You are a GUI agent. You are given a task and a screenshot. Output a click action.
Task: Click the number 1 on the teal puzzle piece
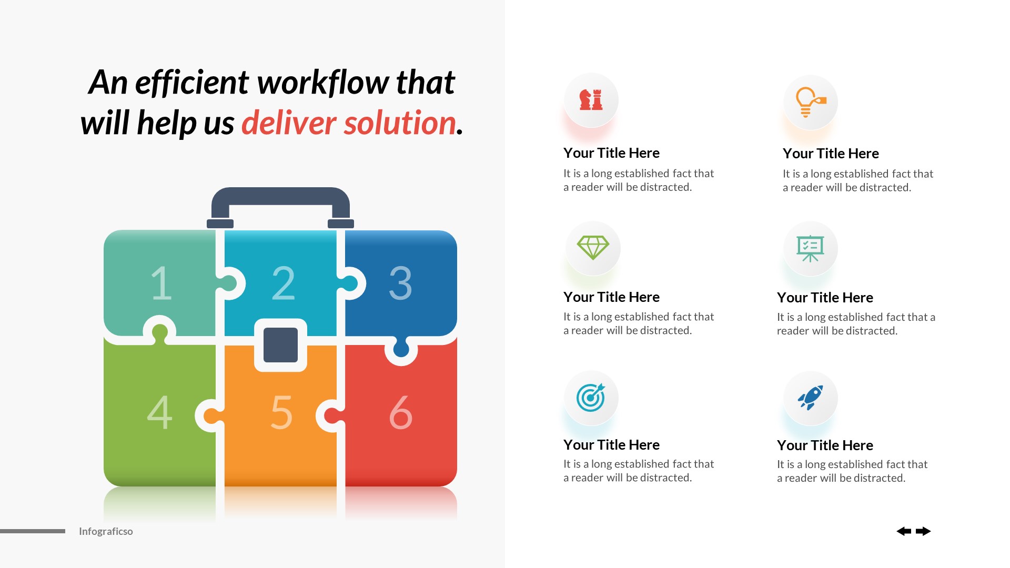coord(161,283)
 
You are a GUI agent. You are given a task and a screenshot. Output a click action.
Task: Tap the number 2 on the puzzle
coord(283,283)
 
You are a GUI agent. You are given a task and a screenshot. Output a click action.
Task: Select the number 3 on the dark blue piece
coord(400,283)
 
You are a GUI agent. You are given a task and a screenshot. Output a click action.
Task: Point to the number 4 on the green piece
coord(160,413)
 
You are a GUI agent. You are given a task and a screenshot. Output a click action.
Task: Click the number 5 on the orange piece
coord(281,413)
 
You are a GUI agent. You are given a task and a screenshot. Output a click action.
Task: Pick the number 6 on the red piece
coord(400,413)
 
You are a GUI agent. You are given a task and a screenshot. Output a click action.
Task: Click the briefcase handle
coord(280,196)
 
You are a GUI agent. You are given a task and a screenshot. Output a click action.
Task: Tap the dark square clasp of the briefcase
coord(280,345)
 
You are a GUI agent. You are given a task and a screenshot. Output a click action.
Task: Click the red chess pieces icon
coord(591,100)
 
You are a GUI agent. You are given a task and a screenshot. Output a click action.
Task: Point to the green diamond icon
coord(593,247)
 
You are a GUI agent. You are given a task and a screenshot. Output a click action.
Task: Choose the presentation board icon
coord(810,248)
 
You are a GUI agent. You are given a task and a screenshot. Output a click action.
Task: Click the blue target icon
coord(591,398)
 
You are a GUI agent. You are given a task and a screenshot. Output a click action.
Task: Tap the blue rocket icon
coord(810,398)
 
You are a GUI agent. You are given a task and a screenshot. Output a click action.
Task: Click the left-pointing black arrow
coord(904,531)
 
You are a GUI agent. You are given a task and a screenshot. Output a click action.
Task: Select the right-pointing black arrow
coord(923,531)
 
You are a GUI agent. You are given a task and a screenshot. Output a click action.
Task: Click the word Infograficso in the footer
coord(106,531)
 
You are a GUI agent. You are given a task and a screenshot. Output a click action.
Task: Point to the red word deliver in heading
coord(288,123)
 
